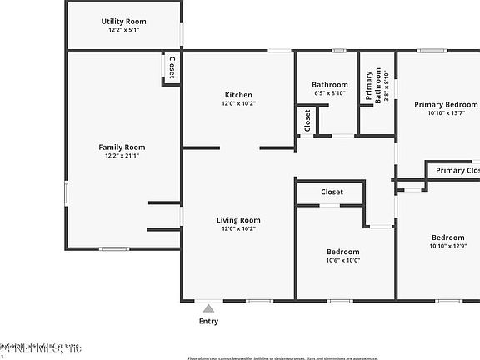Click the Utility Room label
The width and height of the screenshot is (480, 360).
(x=123, y=21)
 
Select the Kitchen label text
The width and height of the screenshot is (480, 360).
(x=237, y=95)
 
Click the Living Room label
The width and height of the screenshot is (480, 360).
(x=238, y=220)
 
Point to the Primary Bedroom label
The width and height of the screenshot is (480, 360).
(x=447, y=104)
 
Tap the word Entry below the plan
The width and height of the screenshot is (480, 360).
(x=208, y=321)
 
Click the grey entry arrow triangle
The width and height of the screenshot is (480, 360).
(x=208, y=308)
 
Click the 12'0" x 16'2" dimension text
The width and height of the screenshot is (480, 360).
(x=238, y=228)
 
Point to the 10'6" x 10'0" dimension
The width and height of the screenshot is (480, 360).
(x=342, y=260)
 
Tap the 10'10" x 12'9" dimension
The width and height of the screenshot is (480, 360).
(x=447, y=246)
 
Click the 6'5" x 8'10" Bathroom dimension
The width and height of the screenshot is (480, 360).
(x=330, y=93)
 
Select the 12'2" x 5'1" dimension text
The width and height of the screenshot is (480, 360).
(x=123, y=30)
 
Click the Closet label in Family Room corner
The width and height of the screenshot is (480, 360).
(x=172, y=67)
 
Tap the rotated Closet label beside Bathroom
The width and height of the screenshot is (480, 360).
(x=307, y=121)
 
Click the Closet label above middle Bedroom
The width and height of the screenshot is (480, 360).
(x=332, y=192)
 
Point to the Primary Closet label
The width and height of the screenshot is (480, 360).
(x=457, y=171)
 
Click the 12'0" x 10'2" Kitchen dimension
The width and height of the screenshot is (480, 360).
(x=237, y=104)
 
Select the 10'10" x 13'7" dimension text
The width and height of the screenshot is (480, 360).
(x=447, y=113)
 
